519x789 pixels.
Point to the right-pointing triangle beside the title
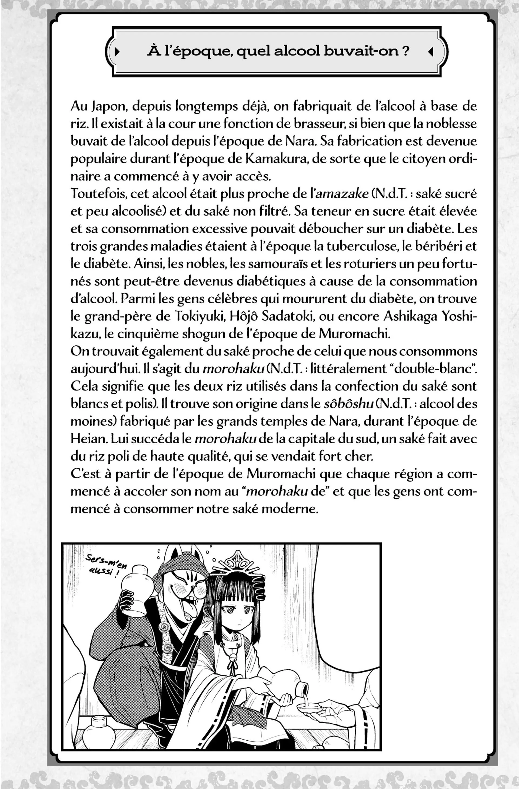pos(117,52)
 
